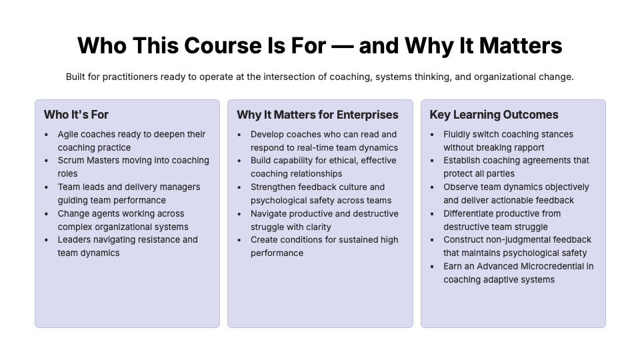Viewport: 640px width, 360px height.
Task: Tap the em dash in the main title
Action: point(343,46)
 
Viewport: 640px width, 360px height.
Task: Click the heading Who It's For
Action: point(76,115)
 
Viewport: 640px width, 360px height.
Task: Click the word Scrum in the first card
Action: point(71,161)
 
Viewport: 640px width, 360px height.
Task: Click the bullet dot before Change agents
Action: point(46,214)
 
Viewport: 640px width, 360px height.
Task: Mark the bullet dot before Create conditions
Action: point(239,240)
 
